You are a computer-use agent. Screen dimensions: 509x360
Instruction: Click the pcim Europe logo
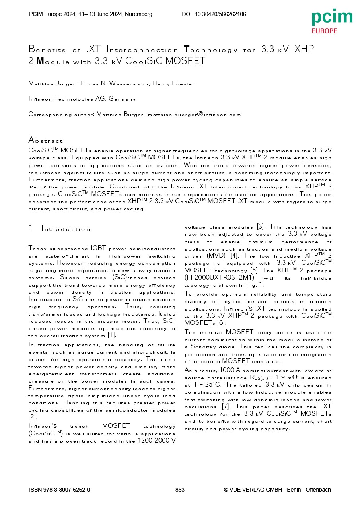click(332, 21)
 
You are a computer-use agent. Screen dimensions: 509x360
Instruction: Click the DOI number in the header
click(214, 14)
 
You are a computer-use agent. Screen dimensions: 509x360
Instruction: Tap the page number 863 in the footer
click(180, 490)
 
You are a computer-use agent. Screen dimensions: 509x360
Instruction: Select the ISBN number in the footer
click(60, 490)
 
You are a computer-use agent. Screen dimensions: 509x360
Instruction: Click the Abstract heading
click(45, 140)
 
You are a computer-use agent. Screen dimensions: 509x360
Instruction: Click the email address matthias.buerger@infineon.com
click(195, 114)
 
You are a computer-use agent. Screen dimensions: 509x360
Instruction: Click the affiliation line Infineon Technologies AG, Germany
click(82, 99)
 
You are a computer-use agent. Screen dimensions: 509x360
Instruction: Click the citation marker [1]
click(112, 336)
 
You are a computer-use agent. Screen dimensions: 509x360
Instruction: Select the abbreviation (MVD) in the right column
click(216, 255)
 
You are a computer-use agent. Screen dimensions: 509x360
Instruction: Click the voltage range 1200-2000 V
click(156, 441)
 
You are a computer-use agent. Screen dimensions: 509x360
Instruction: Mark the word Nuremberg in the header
click(138, 14)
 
